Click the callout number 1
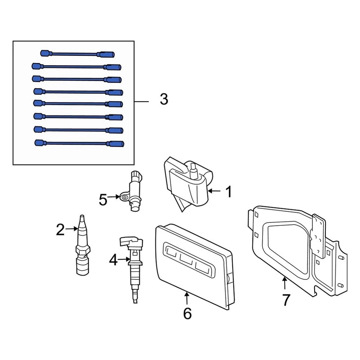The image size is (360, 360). click(x=228, y=192)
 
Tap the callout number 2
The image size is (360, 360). click(x=60, y=230)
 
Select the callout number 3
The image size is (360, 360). click(x=163, y=100)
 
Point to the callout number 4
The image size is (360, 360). click(x=113, y=260)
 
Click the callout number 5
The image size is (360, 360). click(x=103, y=200)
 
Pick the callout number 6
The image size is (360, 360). click(x=187, y=313)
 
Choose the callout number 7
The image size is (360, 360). click(x=286, y=300)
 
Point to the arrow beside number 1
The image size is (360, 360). click(x=215, y=191)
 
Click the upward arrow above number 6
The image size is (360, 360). click(x=187, y=298)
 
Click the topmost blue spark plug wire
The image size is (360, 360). click(x=77, y=54)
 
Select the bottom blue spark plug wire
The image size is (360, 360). click(x=79, y=143)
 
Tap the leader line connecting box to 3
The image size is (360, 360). click(x=141, y=101)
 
